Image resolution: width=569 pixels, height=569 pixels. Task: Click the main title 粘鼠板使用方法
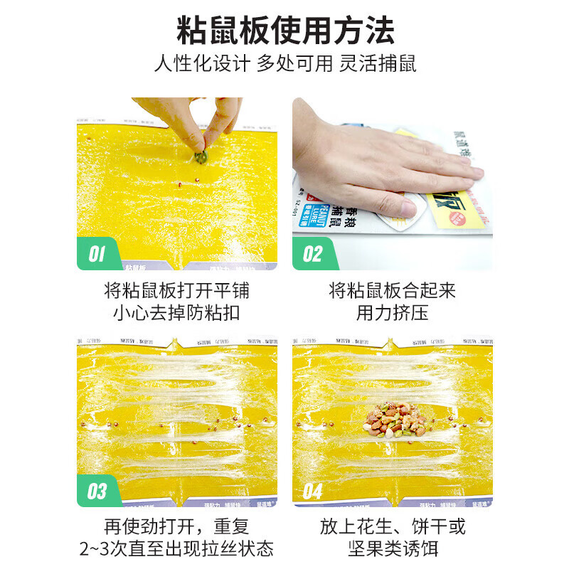(284, 30)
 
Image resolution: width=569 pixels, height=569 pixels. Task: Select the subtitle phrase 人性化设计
(202, 63)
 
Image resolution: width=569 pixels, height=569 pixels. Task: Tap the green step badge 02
(313, 254)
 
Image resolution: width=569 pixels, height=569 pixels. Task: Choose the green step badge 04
(313, 491)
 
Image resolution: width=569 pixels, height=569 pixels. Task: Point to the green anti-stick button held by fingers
(201, 155)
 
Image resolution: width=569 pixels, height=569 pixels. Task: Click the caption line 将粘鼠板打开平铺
(176, 291)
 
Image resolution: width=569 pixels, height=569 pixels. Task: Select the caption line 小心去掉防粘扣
(176, 313)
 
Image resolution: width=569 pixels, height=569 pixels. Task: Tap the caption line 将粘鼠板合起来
(392, 291)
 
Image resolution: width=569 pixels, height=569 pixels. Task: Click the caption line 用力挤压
(392, 313)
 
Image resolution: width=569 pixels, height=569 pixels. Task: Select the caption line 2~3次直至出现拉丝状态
(176, 549)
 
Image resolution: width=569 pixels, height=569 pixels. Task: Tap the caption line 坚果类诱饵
(392, 549)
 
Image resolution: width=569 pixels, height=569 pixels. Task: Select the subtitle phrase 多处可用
(294, 63)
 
